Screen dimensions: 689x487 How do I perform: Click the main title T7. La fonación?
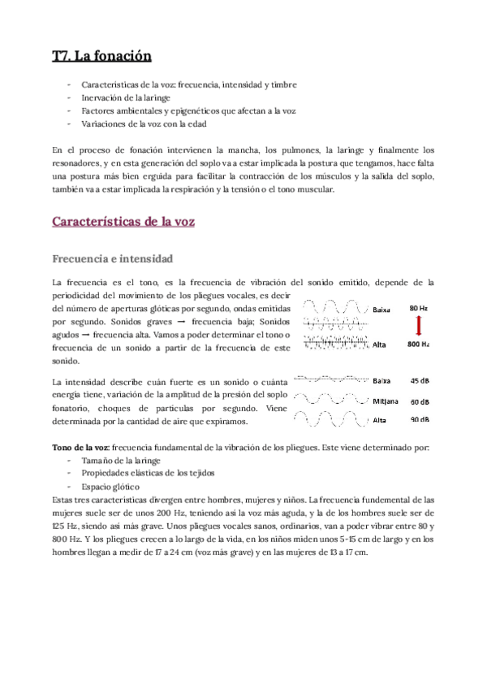(101, 57)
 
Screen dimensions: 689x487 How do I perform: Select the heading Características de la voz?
(122, 221)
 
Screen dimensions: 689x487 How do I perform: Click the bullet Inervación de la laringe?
(125, 97)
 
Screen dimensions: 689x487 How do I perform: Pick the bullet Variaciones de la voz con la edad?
(144, 124)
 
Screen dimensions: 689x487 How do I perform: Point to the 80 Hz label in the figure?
(419, 309)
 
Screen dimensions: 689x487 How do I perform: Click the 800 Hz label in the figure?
(419, 344)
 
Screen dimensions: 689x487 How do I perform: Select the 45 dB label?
(420, 380)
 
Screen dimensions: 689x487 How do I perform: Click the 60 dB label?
(420, 401)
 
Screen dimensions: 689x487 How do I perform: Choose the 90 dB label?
(420, 419)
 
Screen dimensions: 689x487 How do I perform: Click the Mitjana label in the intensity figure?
(386, 401)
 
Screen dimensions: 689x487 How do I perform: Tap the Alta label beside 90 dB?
(380, 420)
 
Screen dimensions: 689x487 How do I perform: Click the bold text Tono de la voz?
(80, 448)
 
